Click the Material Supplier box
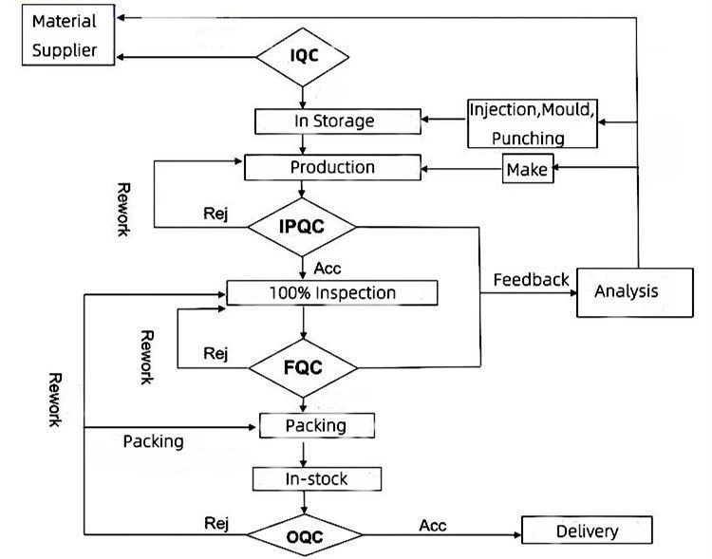point(68,35)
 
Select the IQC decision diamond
point(303,57)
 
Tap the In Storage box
point(338,121)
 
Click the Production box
point(332,168)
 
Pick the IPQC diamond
point(302,227)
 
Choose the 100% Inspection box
point(332,293)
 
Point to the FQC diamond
point(303,367)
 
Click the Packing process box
point(317,425)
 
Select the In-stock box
point(317,479)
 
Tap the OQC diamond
point(305,536)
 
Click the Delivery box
point(587,531)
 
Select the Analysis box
point(635,292)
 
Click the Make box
point(528,169)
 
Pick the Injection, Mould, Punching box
point(533,123)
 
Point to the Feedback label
point(531,280)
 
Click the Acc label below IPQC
point(328,269)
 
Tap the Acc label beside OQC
point(433,526)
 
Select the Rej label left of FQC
point(215,353)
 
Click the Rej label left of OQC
point(216,523)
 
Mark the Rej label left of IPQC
point(215,213)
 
